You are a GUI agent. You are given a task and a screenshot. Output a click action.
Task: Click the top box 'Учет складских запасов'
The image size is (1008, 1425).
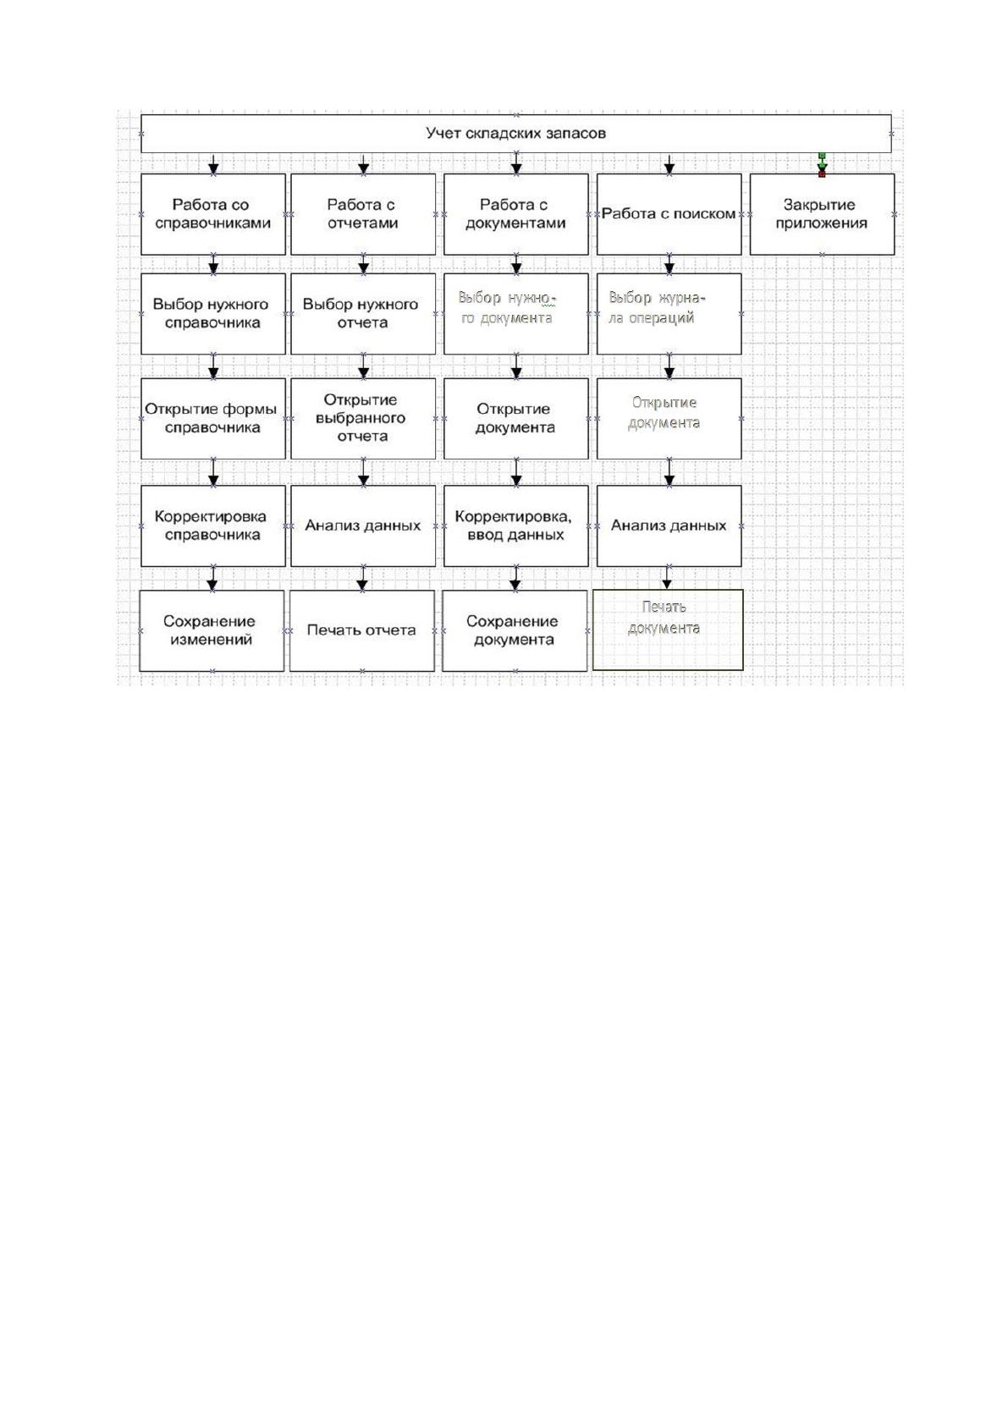pyautogui.click(x=515, y=134)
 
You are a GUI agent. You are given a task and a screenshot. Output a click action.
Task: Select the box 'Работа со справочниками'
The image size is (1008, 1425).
pyautogui.click(x=213, y=214)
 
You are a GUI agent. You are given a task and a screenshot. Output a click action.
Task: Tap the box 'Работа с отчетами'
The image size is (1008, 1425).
pyautogui.click(x=363, y=214)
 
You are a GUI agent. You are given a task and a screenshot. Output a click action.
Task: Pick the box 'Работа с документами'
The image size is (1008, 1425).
pyautogui.click(x=516, y=214)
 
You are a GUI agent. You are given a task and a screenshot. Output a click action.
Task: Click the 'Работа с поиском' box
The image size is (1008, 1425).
pyautogui.click(x=669, y=214)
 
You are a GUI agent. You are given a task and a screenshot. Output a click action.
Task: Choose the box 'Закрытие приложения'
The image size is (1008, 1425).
pyautogui.click(x=822, y=214)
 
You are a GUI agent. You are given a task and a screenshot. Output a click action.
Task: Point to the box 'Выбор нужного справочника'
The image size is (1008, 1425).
pyautogui.click(x=213, y=314)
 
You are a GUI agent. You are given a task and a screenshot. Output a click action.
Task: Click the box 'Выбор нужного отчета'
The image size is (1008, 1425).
pyautogui.click(x=363, y=314)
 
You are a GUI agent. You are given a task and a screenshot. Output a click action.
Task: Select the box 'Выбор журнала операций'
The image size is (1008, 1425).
pyautogui.click(x=669, y=314)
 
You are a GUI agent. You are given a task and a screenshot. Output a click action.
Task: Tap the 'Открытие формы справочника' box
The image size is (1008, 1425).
pyautogui.click(x=213, y=419)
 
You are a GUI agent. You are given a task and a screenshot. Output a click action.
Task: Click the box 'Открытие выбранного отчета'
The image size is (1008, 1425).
pyautogui.click(x=363, y=419)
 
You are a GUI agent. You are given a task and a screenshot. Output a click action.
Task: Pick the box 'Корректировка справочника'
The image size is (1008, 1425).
pyautogui.click(x=213, y=526)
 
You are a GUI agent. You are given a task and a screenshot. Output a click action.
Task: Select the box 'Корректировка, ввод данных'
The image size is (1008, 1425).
pyautogui.click(x=516, y=526)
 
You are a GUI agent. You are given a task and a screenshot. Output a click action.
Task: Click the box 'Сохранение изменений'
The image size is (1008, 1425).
pyautogui.click(x=212, y=630)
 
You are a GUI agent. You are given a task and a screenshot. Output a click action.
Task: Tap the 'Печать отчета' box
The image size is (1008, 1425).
pyautogui.click(x=362, y=630)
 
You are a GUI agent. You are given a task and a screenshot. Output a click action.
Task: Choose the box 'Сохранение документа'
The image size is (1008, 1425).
pyautogui.click(x=515, y=630)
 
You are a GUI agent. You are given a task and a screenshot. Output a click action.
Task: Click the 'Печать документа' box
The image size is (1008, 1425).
pyautogui.click(x=668, y=630)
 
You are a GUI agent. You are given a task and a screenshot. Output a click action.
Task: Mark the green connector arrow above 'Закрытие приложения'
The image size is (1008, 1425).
pyautogui.click(x=822, y=165)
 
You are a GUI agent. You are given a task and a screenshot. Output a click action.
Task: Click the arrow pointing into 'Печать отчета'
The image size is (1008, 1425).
pyautogui.click(x=363, y=578)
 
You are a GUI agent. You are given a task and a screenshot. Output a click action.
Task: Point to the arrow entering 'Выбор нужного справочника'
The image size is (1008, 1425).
pyautogui.click(x=213, y=264)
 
